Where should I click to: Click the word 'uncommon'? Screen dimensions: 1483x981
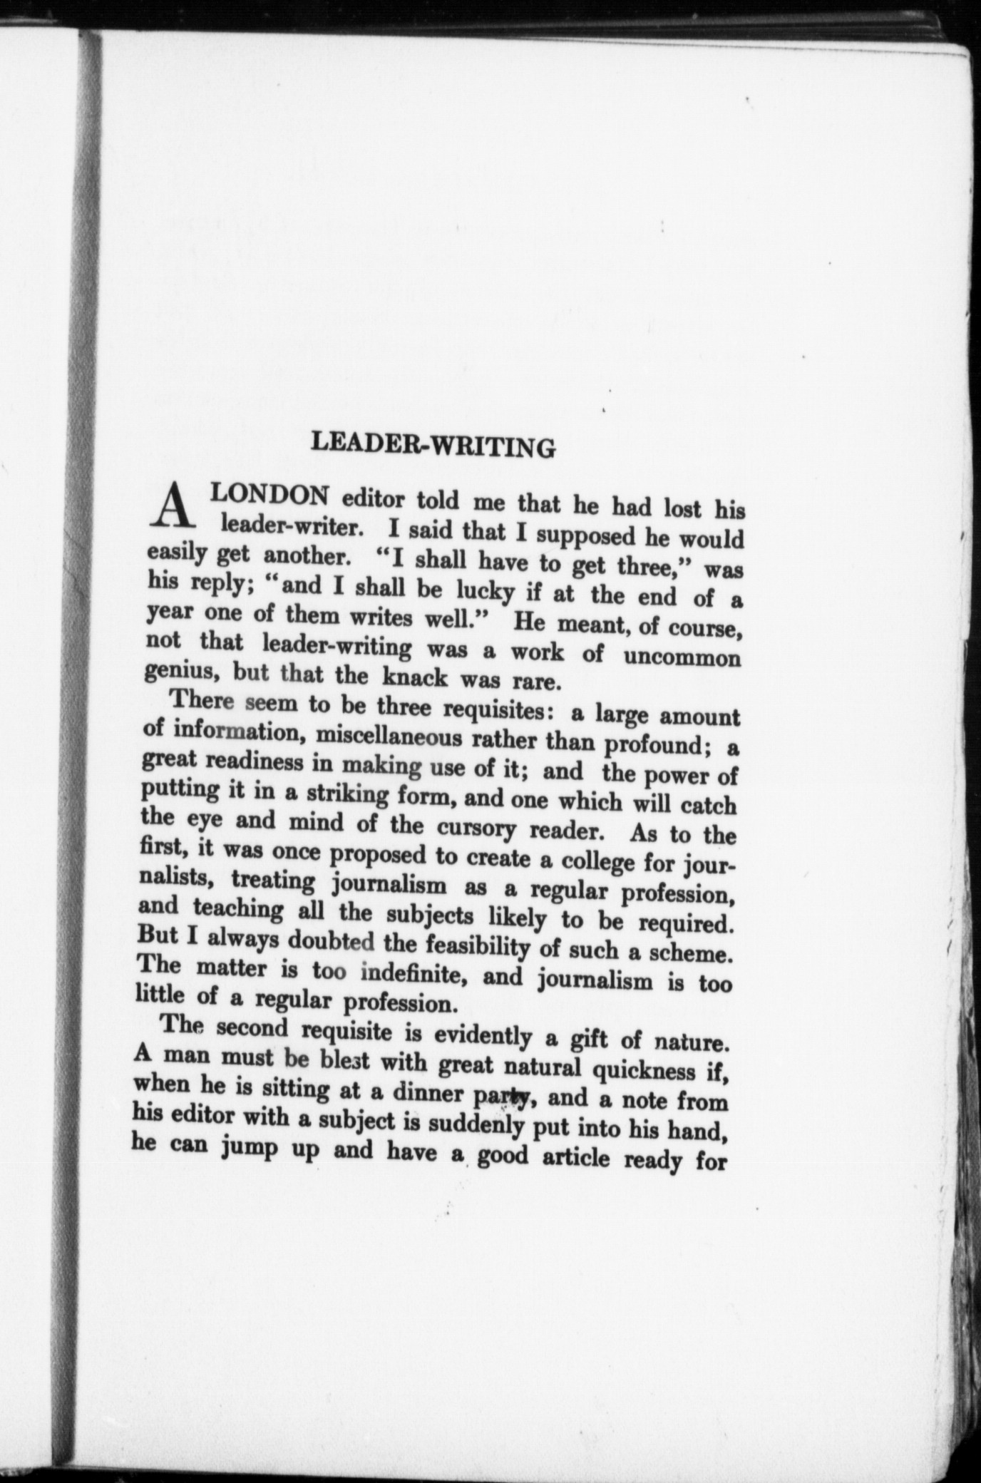682,657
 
